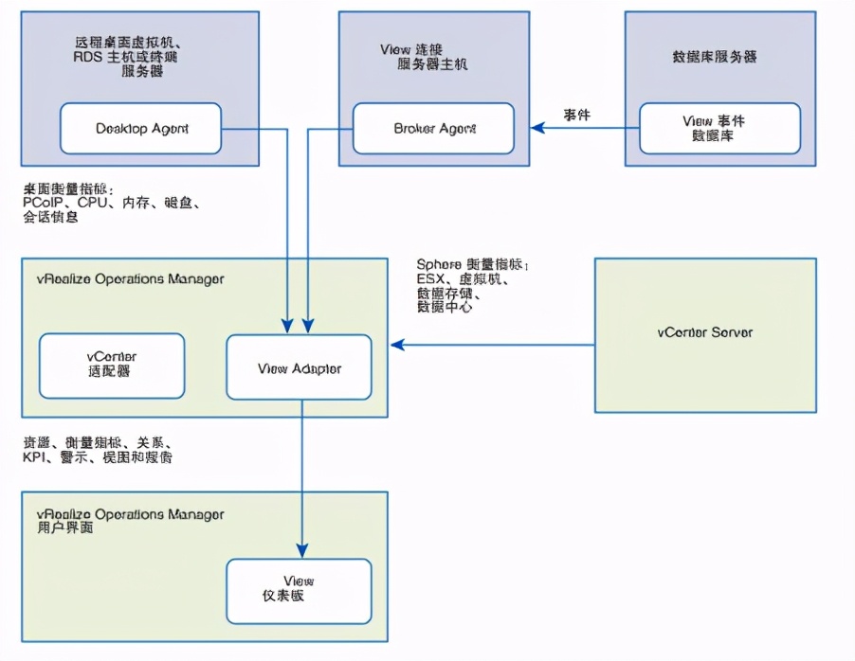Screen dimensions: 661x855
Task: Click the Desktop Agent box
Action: [x=141, y=129]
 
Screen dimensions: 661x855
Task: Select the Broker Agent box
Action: [x=433, y=129]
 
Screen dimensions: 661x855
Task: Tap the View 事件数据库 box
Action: [x=719, y=129]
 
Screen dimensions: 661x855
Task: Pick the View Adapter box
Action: [x=300, y=367]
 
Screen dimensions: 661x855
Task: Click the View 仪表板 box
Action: [x=299, y=589]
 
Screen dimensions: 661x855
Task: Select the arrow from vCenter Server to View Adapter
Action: [x=493, y=345]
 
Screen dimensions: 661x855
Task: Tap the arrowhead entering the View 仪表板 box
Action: [x=302, y=551]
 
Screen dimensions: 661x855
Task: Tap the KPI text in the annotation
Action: [x=35, y=457]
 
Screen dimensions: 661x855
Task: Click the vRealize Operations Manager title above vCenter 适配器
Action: [x=122, y=278]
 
